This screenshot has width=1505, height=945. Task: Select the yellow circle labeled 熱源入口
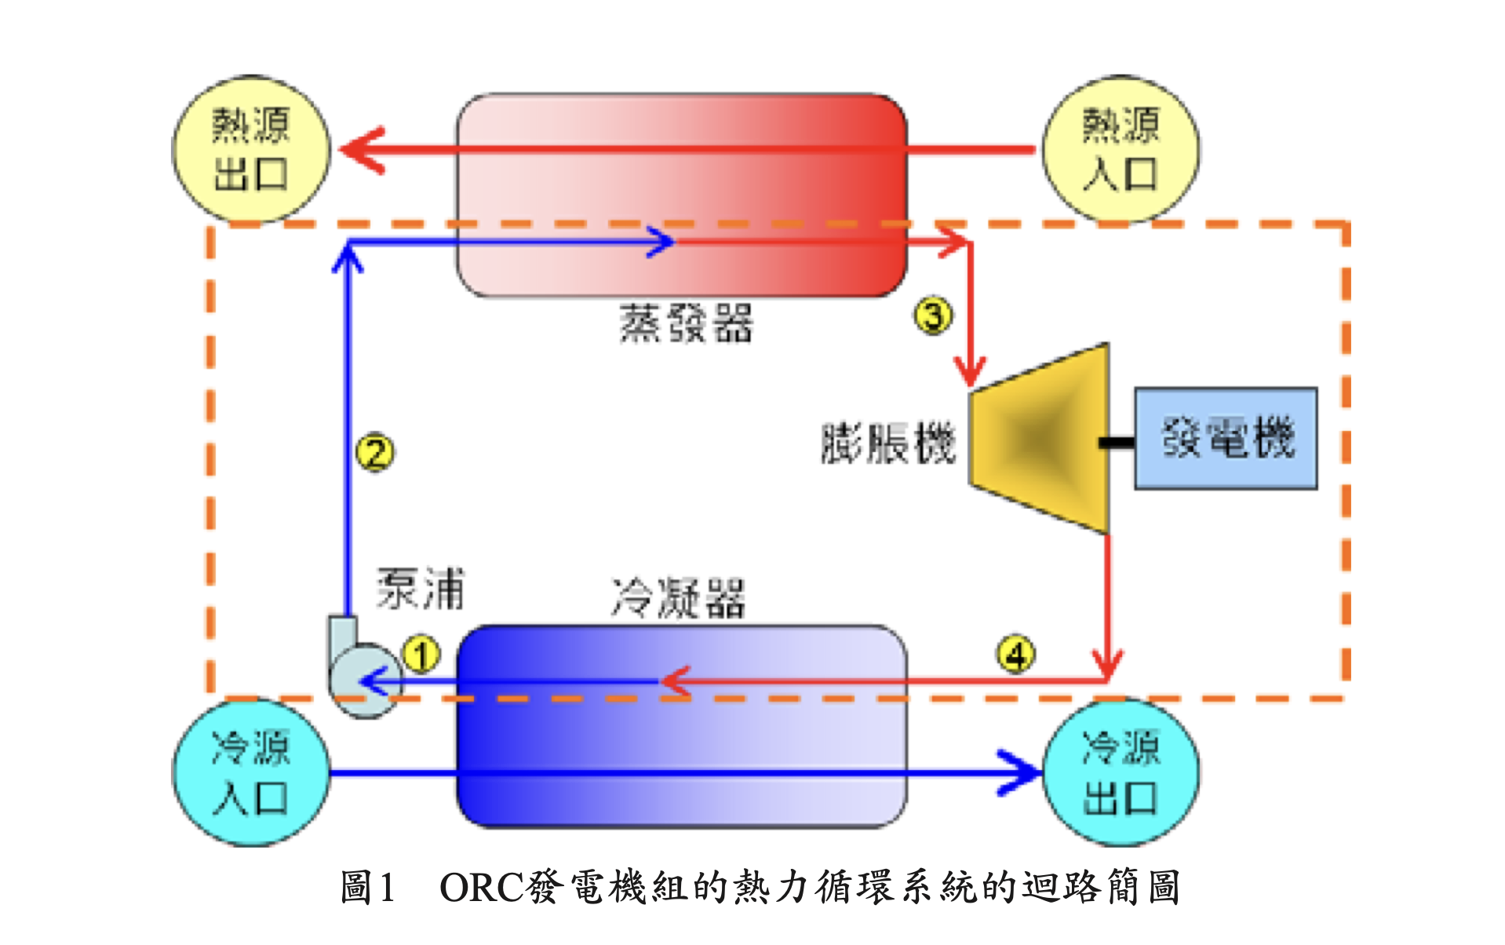coord(1121,149)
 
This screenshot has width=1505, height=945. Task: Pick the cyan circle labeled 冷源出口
coord(1121,772)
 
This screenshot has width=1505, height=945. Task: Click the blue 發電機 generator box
coord(1226,438)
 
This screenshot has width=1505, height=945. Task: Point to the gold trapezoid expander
coord(1040,438)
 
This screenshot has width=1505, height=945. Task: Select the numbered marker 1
coord(421,655)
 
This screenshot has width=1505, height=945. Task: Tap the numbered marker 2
coord(375,452)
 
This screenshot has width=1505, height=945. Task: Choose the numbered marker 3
coord(933,316)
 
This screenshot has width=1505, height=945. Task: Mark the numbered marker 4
coord(1016,655)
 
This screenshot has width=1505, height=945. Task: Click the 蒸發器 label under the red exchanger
coord(686,323)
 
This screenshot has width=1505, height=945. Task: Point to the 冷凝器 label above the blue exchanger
coord(678,598)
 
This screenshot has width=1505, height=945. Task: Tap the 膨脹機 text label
coord(888,443)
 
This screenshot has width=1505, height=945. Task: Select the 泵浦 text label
coord(421,589)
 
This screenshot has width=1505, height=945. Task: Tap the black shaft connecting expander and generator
coord(1117,443)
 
